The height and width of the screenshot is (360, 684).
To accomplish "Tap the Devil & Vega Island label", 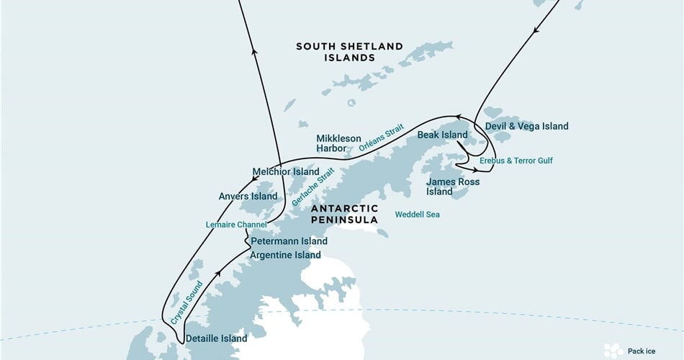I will (526, 127).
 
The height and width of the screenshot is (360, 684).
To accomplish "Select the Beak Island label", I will (442, 135).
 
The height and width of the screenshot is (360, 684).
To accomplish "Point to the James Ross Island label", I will (452, 186).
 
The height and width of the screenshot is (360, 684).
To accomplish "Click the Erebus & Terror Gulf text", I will (516, 161).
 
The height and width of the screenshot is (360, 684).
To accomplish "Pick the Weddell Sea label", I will (417, 215).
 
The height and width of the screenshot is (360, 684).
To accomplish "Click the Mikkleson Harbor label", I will (336, 143).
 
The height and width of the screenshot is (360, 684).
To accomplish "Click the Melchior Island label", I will (285, 172).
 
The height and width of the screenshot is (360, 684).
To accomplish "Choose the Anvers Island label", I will (248, 196).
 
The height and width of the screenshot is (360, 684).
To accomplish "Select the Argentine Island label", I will (285, 256).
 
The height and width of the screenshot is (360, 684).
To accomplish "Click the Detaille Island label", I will (216, 338).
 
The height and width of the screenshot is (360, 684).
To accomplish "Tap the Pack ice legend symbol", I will (613, 350).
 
